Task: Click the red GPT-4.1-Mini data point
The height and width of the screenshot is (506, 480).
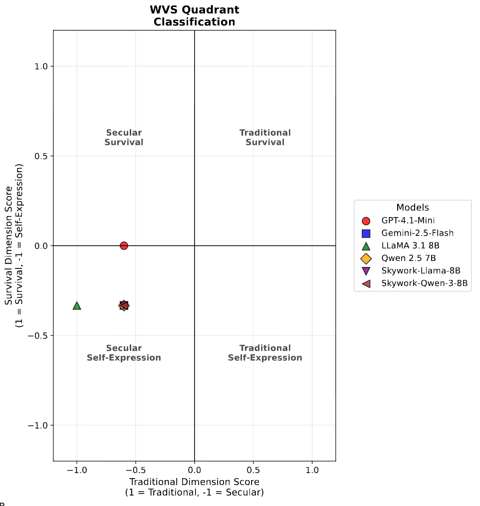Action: click(x=124, y=246)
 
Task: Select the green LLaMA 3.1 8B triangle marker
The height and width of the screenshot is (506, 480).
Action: click(x=77, y=305)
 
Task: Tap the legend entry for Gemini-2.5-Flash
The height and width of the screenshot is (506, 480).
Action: click(x=417, y=233)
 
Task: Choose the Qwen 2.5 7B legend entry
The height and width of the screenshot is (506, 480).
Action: click(x=409, y=258)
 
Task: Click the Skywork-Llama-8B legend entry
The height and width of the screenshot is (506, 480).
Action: click(x=420, y=271)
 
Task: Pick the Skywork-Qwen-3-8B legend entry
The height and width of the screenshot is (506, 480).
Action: click(x=424, y=284)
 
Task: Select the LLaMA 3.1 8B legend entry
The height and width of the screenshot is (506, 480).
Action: click(x=410, y=246)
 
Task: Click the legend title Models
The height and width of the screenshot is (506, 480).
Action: click(x=413, y=208)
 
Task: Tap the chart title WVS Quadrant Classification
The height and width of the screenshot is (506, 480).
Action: click(x=194, y=16)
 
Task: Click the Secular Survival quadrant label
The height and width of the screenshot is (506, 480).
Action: click(x=124, y=137)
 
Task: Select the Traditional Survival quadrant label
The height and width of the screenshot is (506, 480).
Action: click(x=265, y=137)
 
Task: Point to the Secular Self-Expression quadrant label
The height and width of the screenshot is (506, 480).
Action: click(x=124, y=353)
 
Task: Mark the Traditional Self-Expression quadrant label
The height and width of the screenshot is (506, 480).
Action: click(x=265, y=353)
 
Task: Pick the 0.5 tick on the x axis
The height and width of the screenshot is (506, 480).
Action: click(x=253, y=470)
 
